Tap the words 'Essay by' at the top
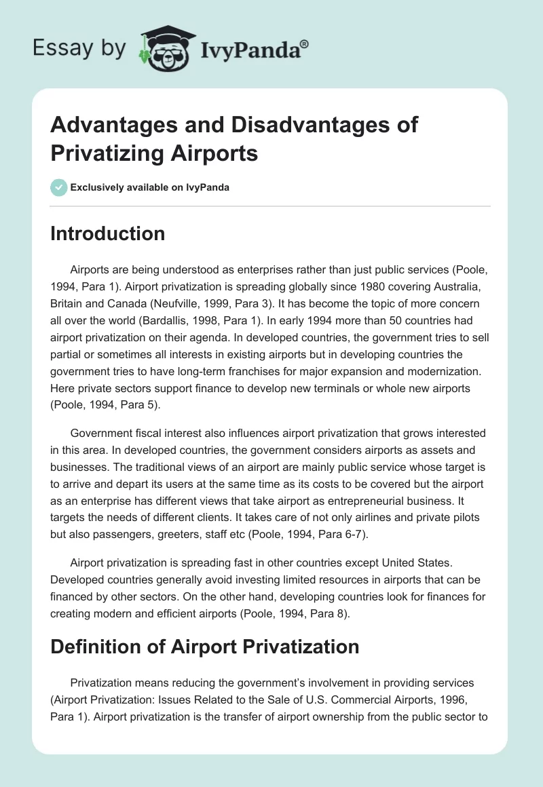click(79, 48)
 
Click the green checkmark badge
click(59, 187)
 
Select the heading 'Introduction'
click(108, 233)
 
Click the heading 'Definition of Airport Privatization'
click(205, 646)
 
